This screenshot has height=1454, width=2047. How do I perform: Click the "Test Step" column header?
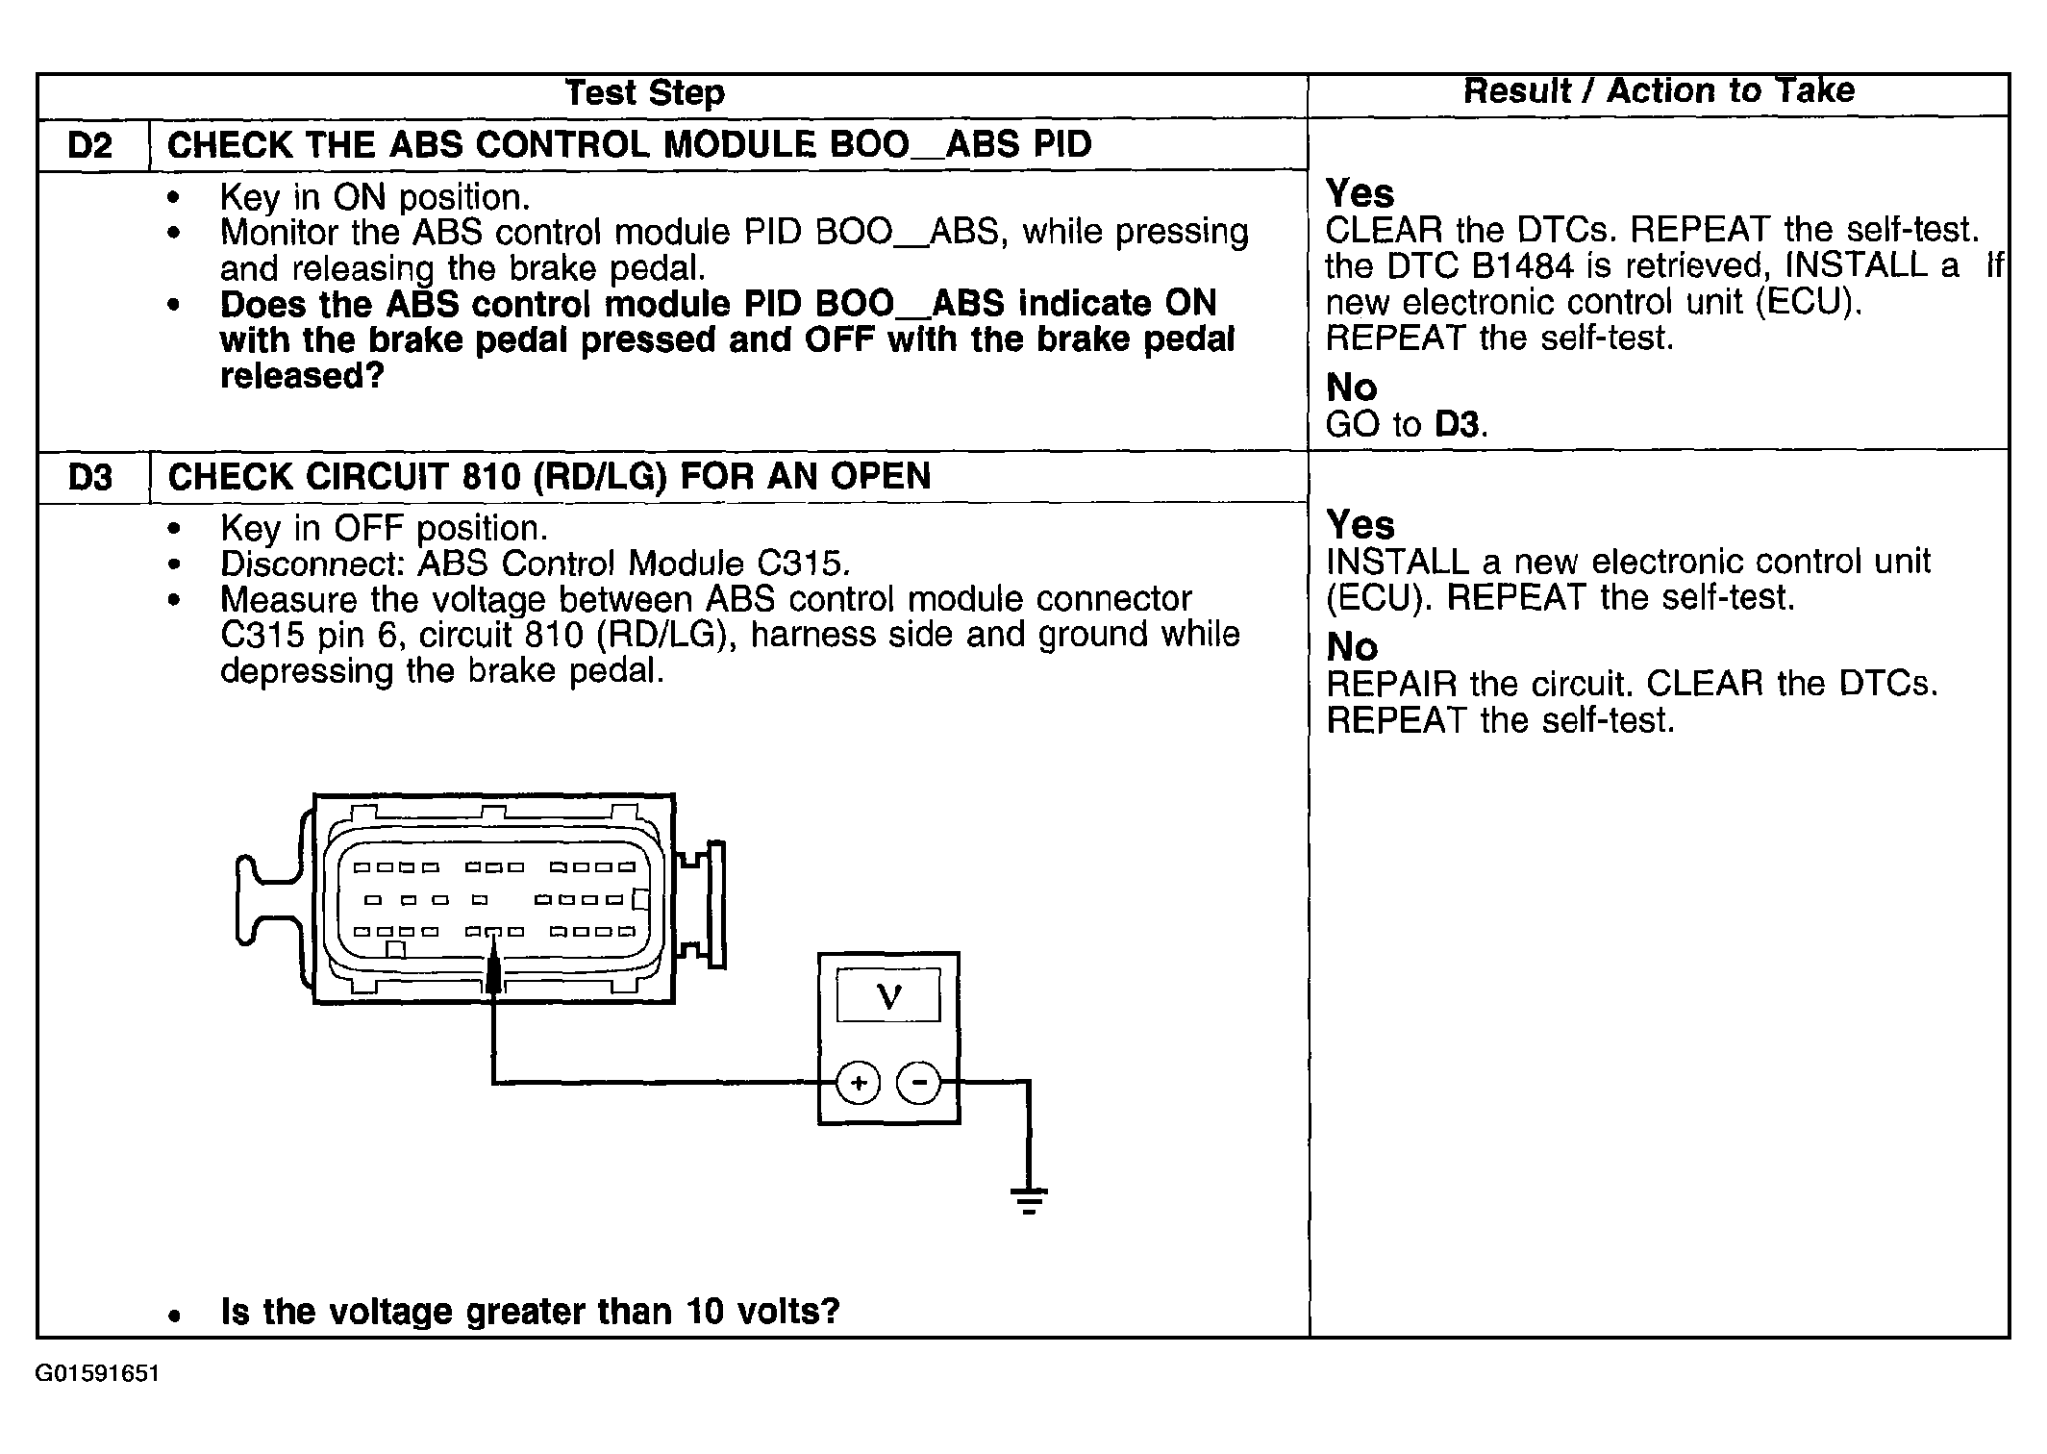(644, 93)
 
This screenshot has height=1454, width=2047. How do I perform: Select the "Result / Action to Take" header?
(1658, 91)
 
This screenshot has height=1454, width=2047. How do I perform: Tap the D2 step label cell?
(90, 145)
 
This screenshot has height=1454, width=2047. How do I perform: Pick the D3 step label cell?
(90, 477)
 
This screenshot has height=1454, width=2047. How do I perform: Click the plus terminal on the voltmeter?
(858, 1084)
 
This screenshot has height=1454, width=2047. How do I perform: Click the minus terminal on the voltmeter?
(919, 1084)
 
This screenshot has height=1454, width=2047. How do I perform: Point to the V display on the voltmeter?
(889, 996)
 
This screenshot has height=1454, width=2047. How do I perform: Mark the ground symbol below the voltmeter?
(1029, 1200)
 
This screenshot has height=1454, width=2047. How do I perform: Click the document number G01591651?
(97, 1373)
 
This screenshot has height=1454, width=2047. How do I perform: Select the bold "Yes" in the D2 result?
(1360, 194)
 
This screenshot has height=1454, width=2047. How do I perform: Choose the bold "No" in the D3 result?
(1352, 647)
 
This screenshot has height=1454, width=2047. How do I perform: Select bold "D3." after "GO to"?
(1461, 424)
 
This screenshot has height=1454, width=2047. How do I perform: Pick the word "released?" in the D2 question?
(302, 376)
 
